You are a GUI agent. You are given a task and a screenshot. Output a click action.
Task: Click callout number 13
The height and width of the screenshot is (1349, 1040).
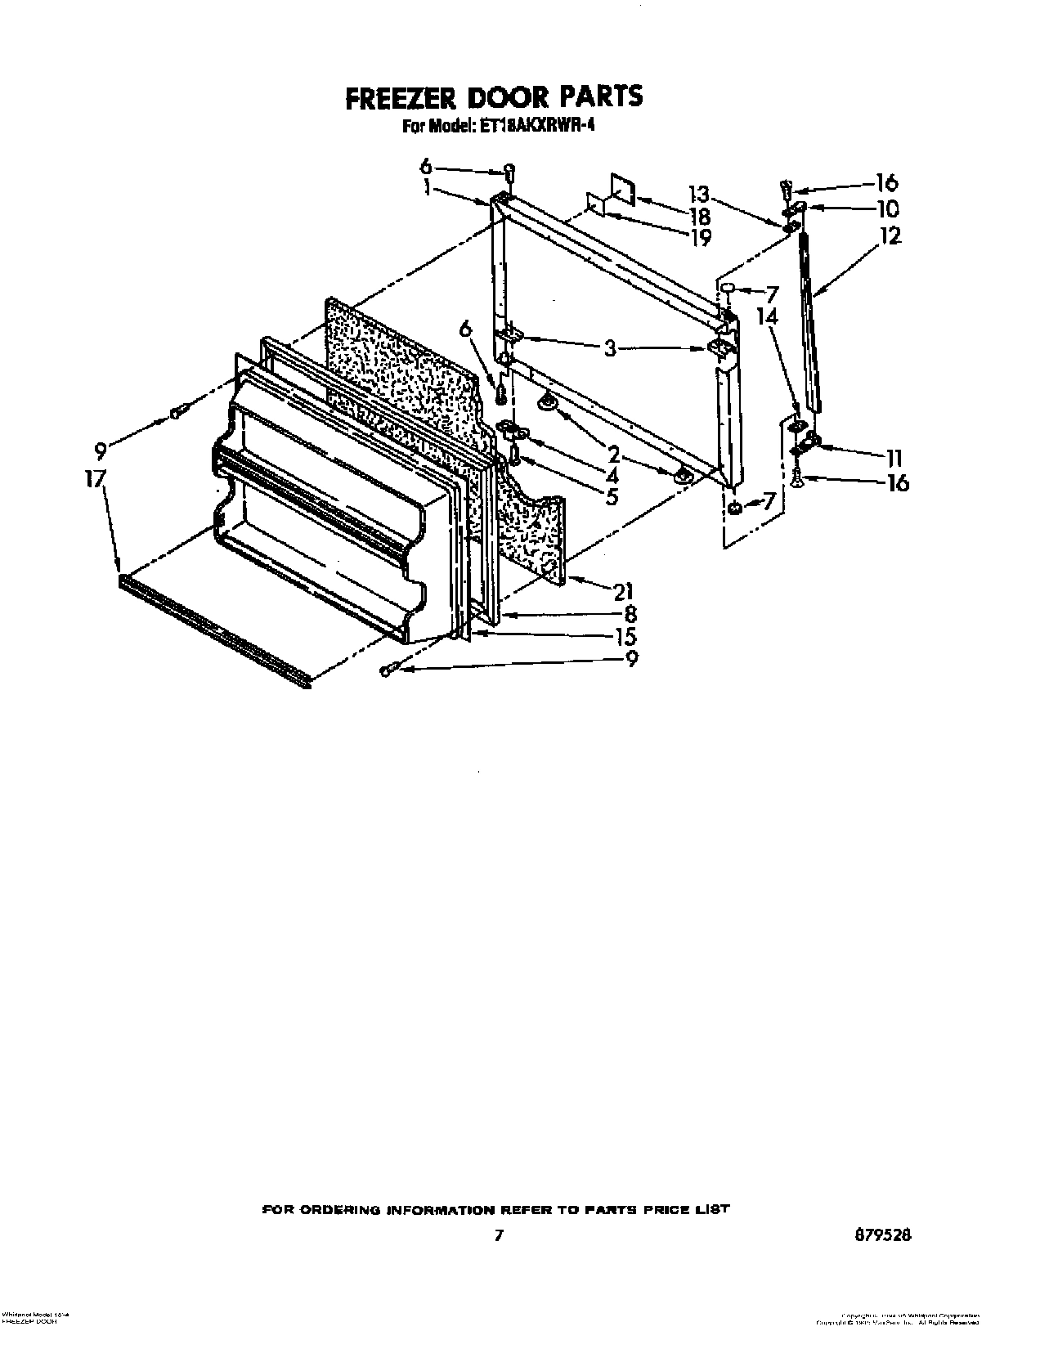click(699, 195)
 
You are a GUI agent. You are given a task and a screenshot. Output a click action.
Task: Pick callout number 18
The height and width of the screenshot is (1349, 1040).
click(700, 217)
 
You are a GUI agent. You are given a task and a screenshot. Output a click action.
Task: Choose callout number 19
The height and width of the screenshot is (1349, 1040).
click(700, 237)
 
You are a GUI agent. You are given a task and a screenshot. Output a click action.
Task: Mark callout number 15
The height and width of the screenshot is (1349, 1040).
click(626, 636)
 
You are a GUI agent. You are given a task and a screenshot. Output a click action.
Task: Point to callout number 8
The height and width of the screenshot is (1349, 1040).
click(630, 613)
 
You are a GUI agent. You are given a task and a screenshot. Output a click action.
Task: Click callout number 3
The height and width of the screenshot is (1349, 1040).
click(609, 347)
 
